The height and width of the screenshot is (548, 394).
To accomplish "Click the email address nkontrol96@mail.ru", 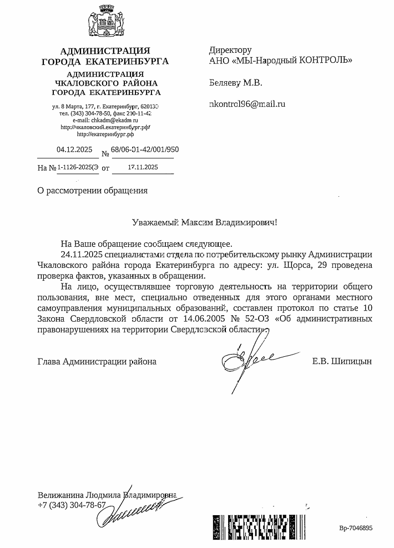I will [247, 103].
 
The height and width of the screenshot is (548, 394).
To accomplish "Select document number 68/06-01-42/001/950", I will [145, 150].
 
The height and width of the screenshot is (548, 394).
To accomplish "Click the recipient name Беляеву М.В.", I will [235, 83].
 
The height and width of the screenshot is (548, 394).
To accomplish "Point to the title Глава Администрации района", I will [97, 361].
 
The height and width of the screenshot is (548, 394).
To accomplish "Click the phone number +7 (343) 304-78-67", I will [72, 505].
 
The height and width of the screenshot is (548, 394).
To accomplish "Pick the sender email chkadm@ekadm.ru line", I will [105, 120].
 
